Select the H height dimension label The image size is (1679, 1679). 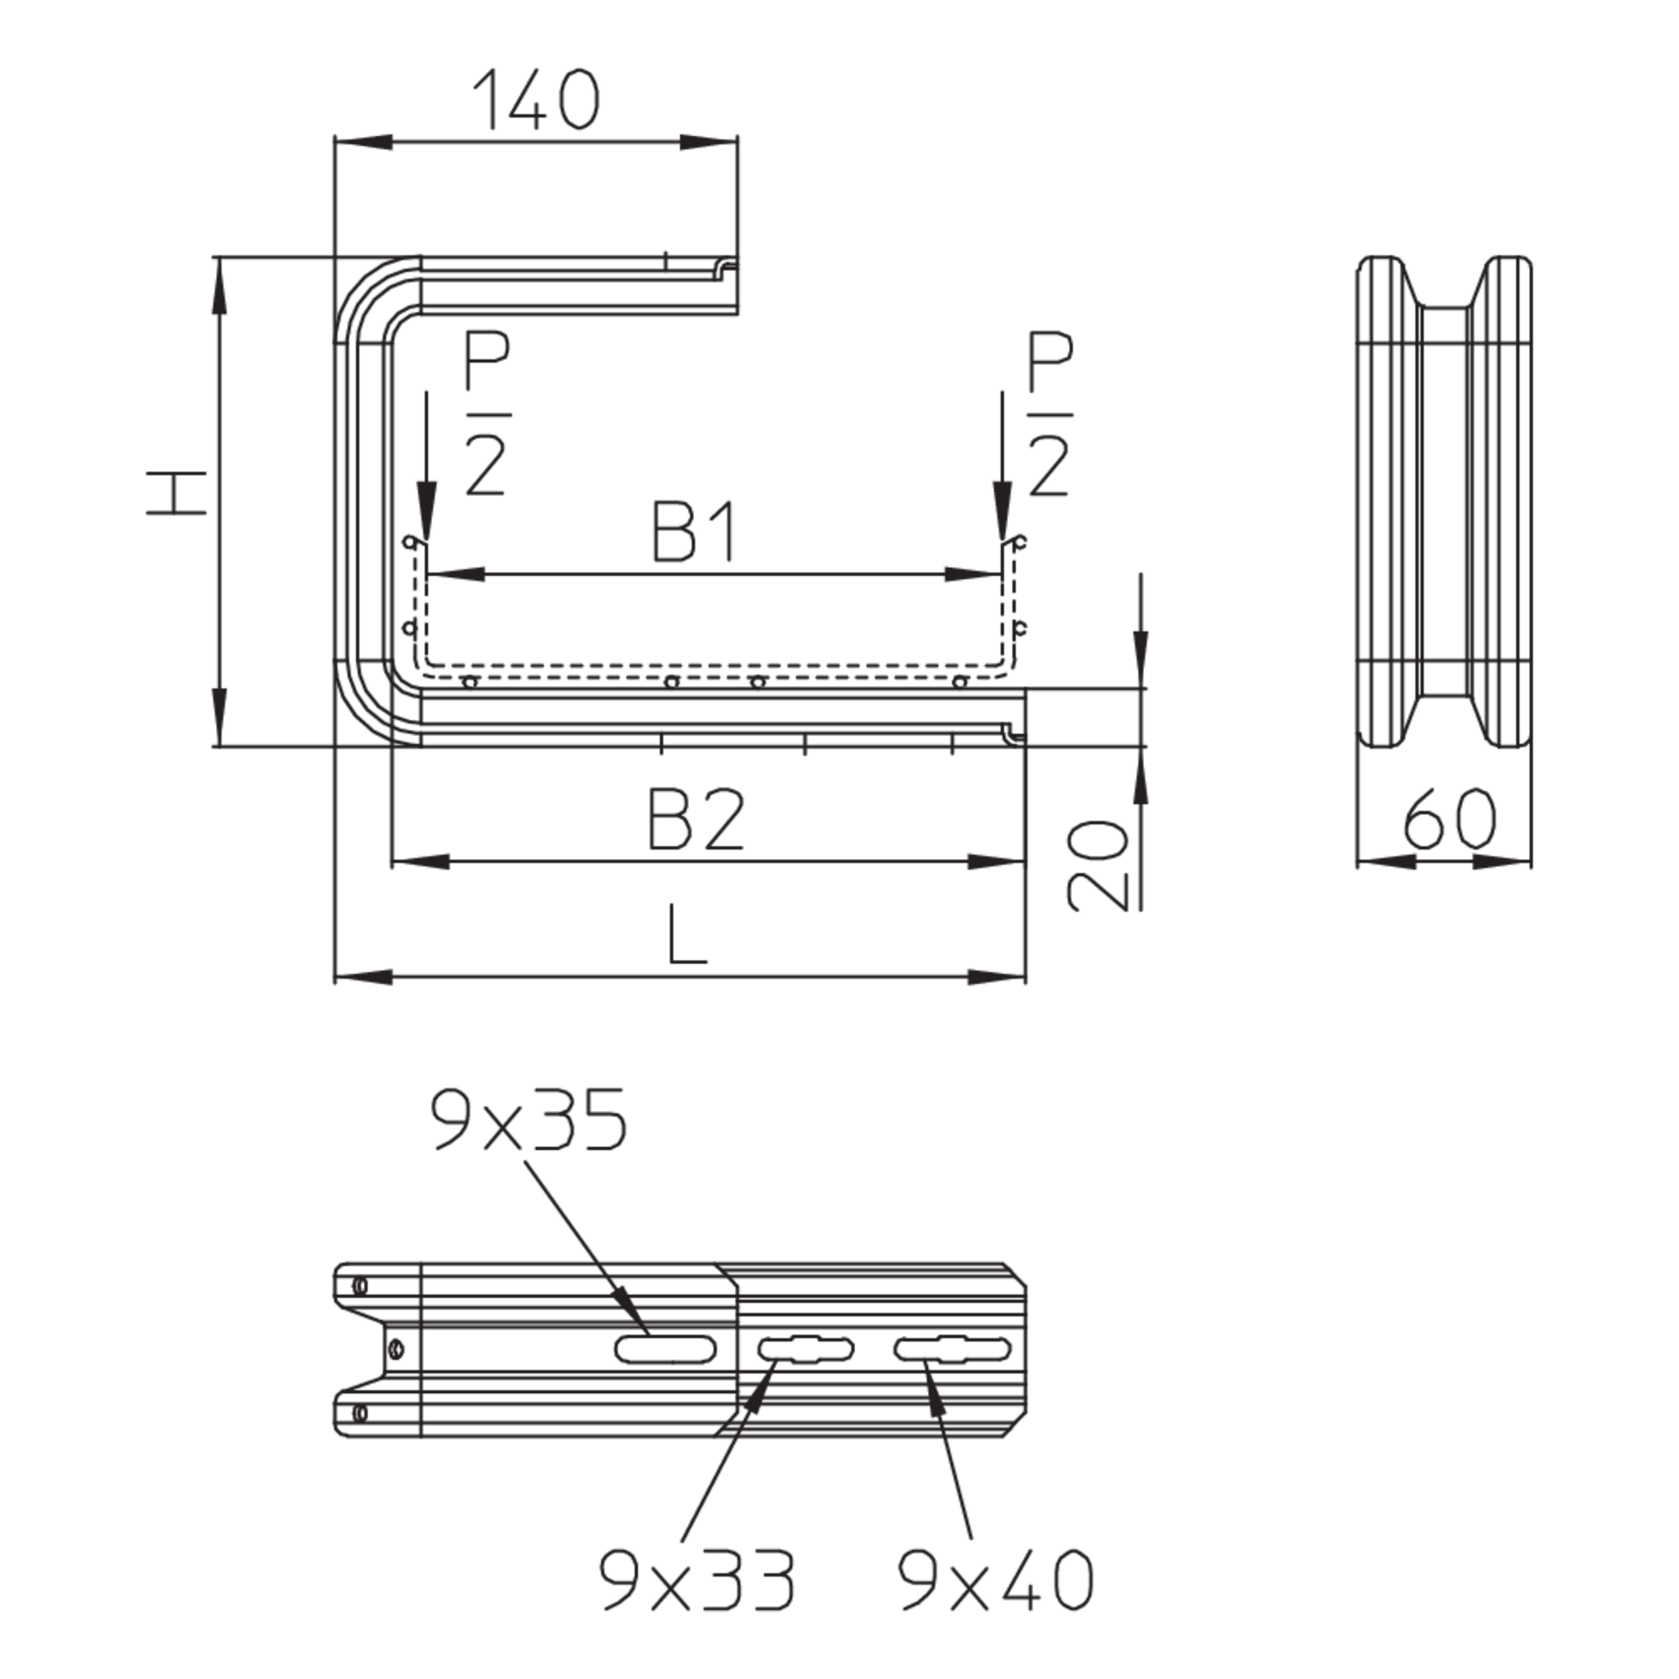(176, 494)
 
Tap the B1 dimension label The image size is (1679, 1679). (694, 531)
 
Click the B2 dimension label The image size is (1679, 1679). (696, 819)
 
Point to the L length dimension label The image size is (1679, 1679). (687, 934)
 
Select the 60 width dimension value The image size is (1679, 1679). (1449, 819)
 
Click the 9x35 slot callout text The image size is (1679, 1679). (529, 1120)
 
